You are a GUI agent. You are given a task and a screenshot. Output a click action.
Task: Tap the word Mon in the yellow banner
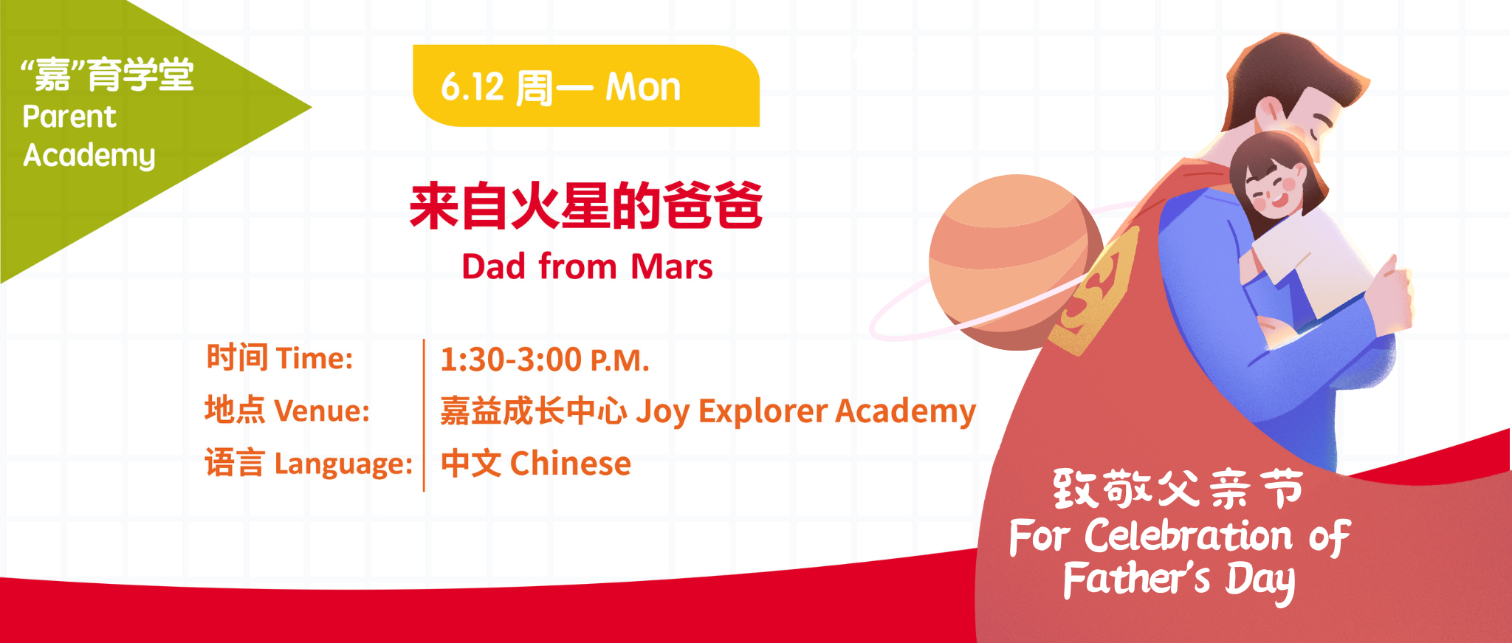[x=643, y=87]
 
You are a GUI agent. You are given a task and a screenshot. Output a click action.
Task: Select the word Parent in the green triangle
[x=69, y=117]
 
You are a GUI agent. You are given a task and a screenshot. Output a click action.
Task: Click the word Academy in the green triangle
[x=89, y=156]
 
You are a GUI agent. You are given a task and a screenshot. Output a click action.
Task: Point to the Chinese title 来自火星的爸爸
[x=586, y=206]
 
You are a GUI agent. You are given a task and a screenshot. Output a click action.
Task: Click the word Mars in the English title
[x=672, y=267]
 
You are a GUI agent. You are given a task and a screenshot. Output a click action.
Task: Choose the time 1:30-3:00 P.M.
[x=545, y=360]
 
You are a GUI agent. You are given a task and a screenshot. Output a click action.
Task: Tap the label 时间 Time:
[x=280, y=358]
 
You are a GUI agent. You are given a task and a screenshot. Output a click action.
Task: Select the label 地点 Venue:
[x=287, y=410]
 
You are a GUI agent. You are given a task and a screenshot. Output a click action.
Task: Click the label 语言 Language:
[x=309, y=464]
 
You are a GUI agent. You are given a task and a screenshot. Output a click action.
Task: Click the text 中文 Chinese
[x=536, y=464]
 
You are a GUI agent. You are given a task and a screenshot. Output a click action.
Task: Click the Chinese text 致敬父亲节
[x=1178, y=489]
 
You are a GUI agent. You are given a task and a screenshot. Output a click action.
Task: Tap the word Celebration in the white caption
[x=1189, y=535]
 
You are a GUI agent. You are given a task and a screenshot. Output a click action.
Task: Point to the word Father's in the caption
[x=1137, y=579]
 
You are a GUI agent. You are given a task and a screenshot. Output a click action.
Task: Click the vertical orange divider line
[x=424, y=415]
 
